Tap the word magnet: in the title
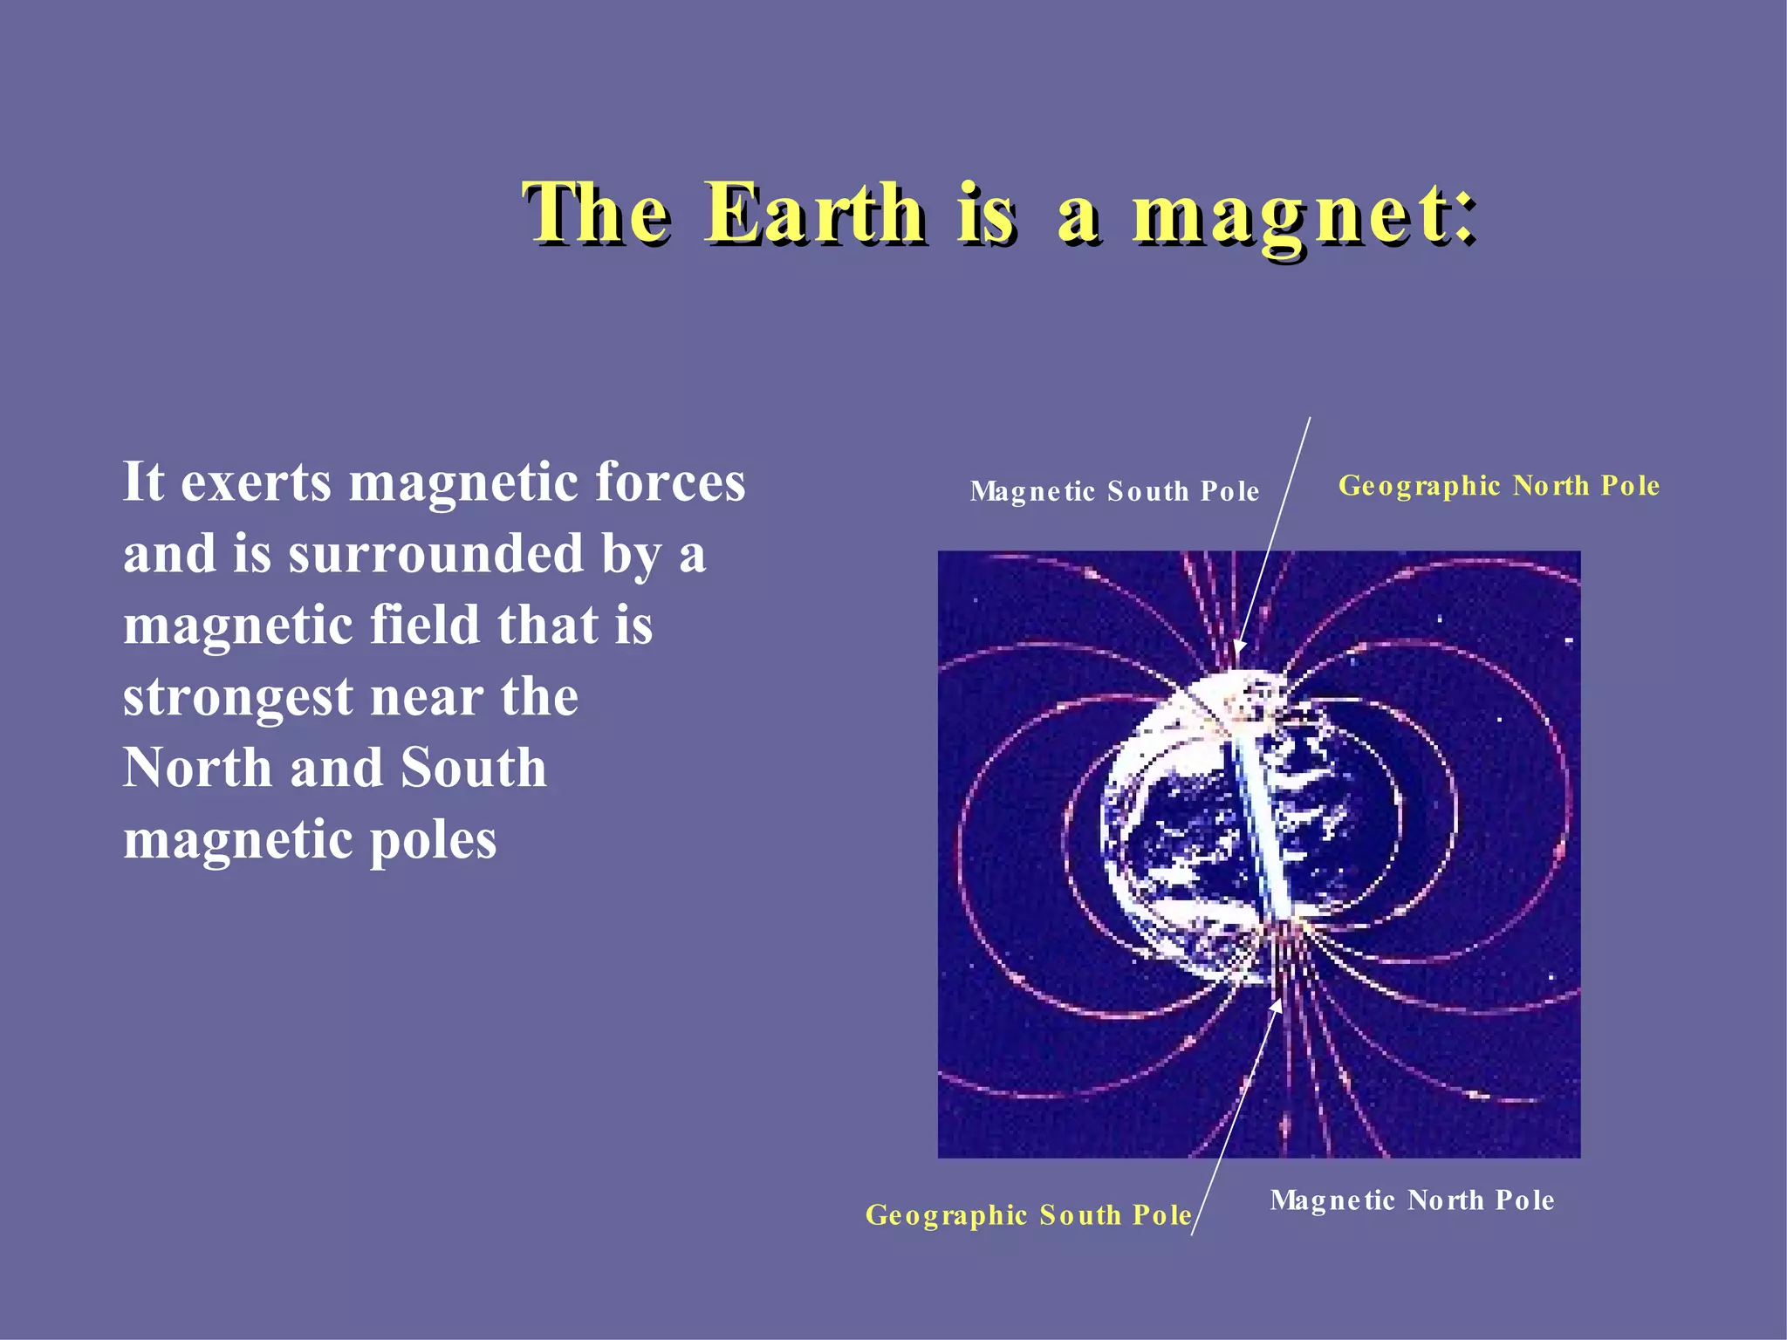pos(1304,215)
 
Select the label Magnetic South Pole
pos(1114,491)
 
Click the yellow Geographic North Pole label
pos(1498,485)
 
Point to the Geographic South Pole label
pos(1028,1214)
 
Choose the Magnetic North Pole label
pos(1412,1200)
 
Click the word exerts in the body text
pos(256,482)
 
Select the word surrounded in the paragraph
pos(435,554)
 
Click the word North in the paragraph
pos(197,769)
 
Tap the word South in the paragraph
pos(473,769)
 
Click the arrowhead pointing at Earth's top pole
pos(1239,649)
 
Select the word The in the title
pos(597,213)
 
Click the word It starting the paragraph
pos(143,482)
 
